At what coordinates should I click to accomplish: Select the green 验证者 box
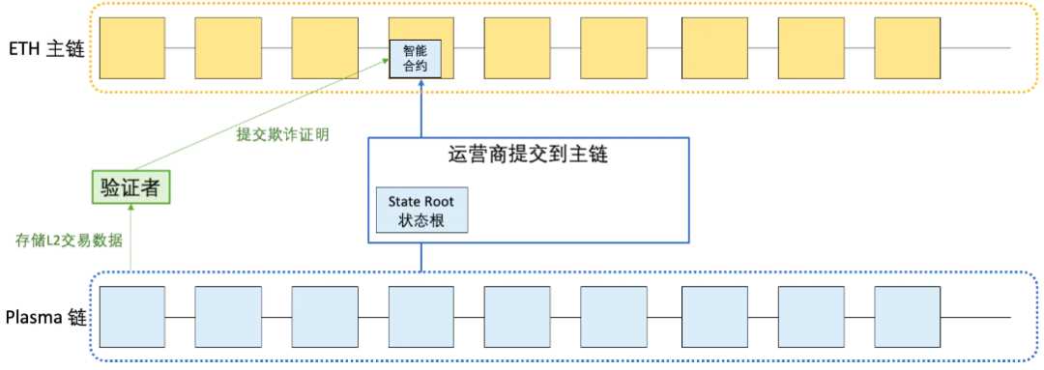pos(131,185)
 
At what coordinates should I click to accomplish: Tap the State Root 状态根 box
pos(421,210)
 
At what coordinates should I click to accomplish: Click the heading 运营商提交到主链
pos(529,155)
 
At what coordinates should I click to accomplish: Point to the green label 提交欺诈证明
pos(283,134)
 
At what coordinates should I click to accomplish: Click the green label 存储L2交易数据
pos(69,240)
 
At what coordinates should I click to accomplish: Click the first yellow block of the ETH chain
pos(130,47)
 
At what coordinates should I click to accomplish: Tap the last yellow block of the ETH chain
pos(907,47)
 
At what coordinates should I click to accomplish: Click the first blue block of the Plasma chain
pos(130,317)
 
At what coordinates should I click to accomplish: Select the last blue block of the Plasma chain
pos(907,317)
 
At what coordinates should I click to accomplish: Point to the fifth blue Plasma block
pos(517,317)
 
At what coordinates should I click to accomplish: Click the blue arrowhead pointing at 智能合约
pos(421,85)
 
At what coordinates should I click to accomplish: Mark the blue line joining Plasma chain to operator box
pos(421,257)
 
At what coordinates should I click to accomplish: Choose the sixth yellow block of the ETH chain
pos(613,47)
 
